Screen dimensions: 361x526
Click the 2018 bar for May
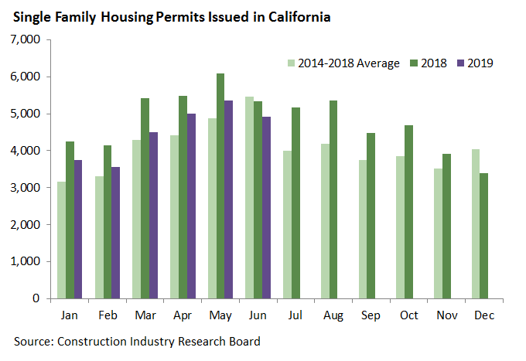coord(220,186)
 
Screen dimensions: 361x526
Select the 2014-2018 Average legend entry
coord(343,63)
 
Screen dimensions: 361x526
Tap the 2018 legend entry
coord(427,63)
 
